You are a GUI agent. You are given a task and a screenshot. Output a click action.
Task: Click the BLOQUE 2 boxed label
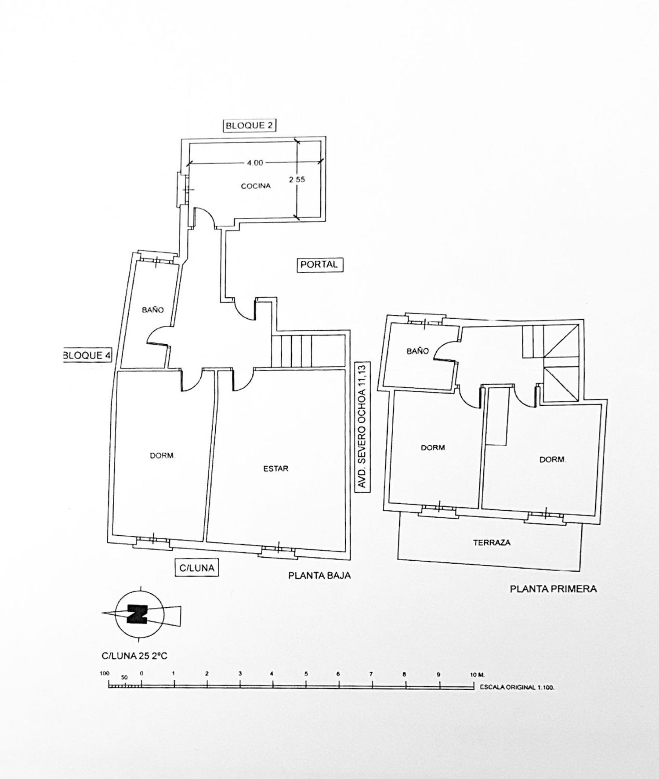[x=249, y=126]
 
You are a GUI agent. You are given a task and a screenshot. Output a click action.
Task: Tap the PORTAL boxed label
[x=319, y=264]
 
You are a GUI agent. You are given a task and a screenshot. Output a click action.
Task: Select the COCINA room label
[x=256, y=186]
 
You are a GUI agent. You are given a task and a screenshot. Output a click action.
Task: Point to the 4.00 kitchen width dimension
[x=255, y=162]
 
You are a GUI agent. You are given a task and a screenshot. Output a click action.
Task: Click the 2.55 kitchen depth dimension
[x=297, y=179]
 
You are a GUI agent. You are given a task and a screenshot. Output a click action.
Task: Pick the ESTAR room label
[x=276, y=469]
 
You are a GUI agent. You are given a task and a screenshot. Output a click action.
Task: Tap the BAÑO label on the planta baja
[x=153, y=310]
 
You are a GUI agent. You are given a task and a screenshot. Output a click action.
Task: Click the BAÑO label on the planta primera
[x=417, y=351]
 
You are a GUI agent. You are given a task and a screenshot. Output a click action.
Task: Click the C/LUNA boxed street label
[x=197, y=568]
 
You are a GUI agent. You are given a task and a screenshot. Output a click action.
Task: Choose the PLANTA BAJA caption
[x=319, y=575]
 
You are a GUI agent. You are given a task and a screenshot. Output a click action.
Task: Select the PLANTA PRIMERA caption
[x=553, y=589]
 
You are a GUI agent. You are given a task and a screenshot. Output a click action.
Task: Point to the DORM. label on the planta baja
[x=163, y=456]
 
